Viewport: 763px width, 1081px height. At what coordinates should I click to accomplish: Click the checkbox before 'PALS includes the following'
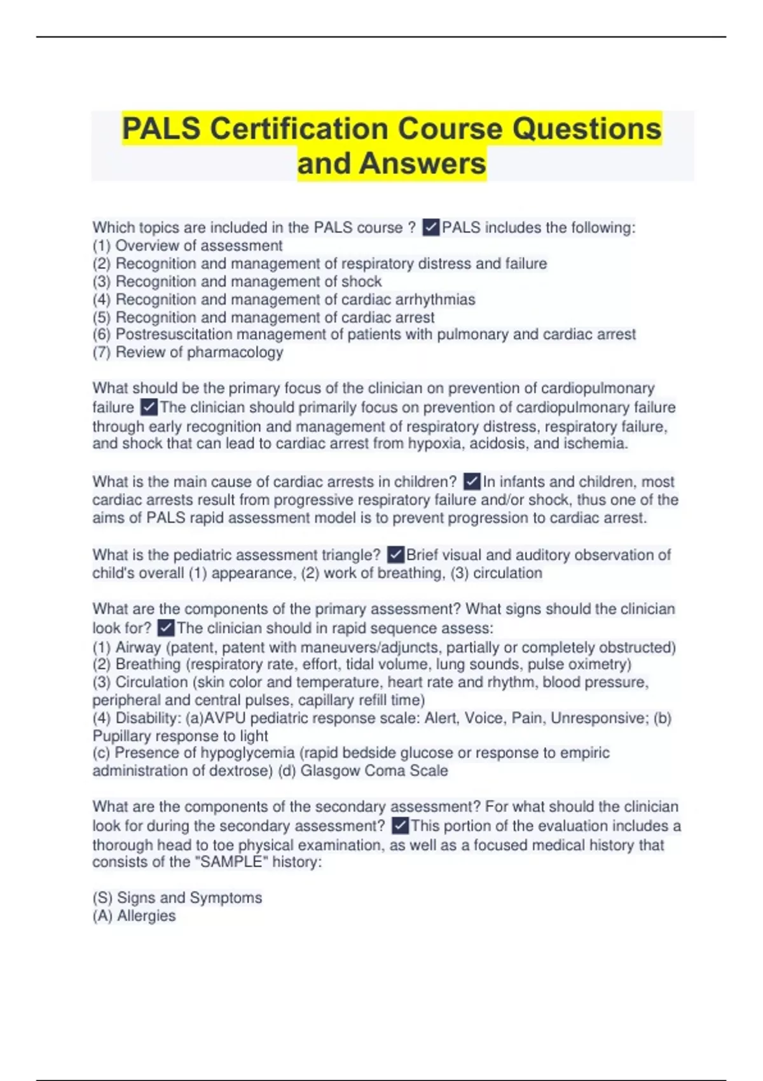(430, 227)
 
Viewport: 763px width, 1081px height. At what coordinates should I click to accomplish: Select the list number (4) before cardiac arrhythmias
(102, 300)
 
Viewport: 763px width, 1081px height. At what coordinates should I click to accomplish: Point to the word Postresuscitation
(170, 334)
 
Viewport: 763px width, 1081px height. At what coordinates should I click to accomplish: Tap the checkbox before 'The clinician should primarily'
(149, 407)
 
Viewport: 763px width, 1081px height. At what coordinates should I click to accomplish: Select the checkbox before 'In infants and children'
(472, 481)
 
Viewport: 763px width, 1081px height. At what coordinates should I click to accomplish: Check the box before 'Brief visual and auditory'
(395, 555)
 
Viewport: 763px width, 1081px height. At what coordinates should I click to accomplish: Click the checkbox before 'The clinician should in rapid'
(165, 628)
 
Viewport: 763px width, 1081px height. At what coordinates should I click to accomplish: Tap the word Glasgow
(330, 771)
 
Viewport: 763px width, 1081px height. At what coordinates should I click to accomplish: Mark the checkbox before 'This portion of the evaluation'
(400, 826)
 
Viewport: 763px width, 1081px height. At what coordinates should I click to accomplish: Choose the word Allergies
(146, 916)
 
